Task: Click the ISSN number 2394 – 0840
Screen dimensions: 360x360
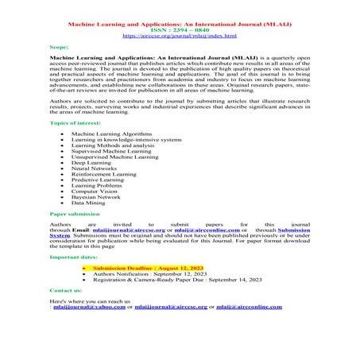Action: click(x=179, y=29)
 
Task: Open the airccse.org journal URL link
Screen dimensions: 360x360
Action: click(x=179, y=37)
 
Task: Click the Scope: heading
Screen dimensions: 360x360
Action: click(x=60, y=48)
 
